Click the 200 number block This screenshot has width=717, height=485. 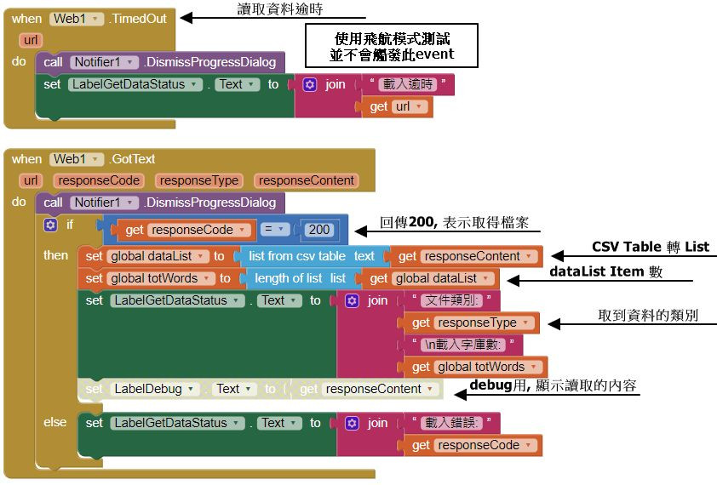(319, 230)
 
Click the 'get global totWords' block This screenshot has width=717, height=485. (476, 367)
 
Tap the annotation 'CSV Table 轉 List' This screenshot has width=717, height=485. (650, 247)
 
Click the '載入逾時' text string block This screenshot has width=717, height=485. (408, 84)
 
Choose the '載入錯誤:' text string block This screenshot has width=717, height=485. (450, 423)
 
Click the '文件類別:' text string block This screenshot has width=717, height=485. (450, 300)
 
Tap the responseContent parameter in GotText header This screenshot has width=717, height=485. (307, 180)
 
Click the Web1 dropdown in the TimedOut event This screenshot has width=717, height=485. (77, 18)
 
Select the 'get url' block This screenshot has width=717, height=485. (401, 106)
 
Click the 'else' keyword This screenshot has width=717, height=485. (54, 422)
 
